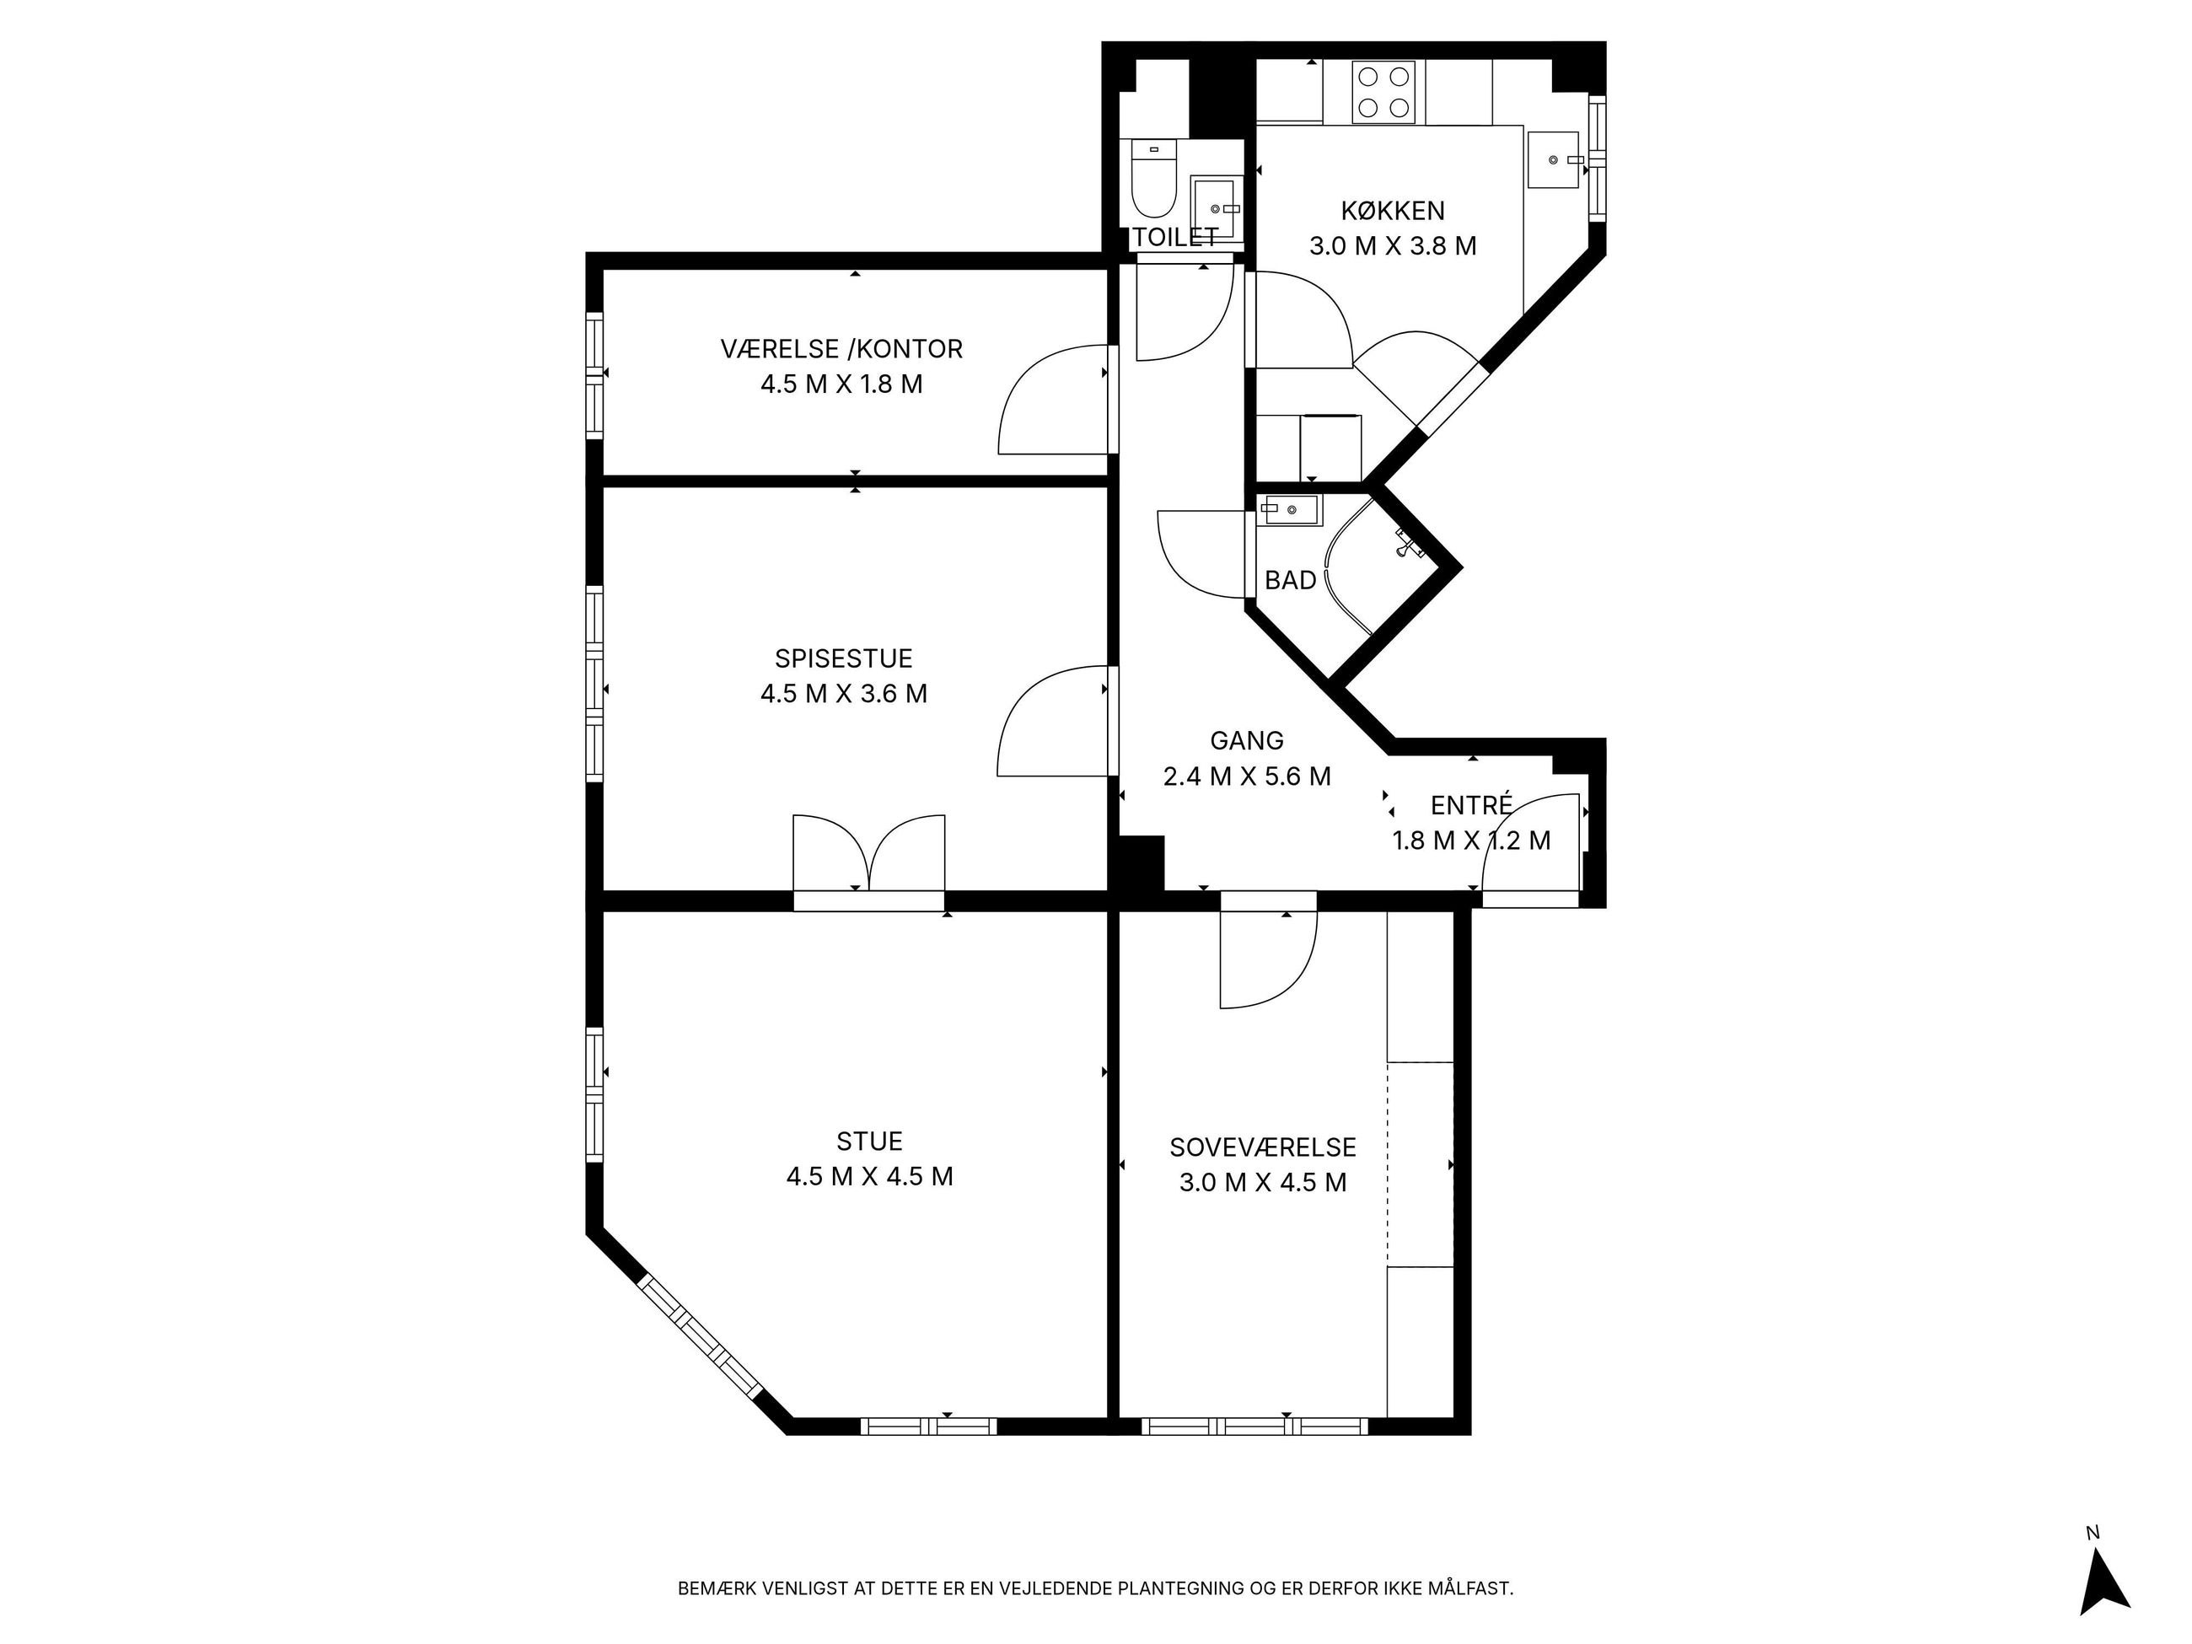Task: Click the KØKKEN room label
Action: coord(1392,211)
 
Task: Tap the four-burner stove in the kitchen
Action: coord(1384,92)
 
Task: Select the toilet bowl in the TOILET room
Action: coord(1153,183)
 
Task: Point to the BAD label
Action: coord(1290,581)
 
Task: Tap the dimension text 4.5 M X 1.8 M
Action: coord(841,384)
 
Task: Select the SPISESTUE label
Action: coord(843,659)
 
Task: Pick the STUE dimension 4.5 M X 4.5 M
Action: coord(869,1176)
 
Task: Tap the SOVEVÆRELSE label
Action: coord(1262,1147)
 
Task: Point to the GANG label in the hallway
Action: coord(1247,741)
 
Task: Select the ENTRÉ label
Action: coord(1471,803)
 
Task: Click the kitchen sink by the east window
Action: coord(1553,159)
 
